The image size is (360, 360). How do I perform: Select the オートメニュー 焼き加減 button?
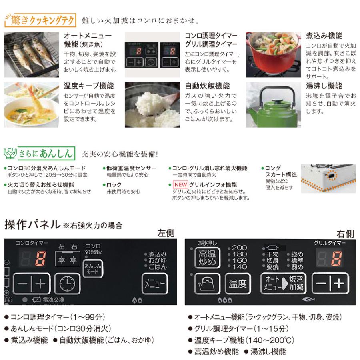283,283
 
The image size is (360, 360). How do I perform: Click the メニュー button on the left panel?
154,284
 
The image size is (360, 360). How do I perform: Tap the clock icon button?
67,284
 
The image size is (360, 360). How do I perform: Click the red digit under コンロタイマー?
41,260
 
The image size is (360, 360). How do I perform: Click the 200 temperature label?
240,248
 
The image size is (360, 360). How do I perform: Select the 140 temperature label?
240,267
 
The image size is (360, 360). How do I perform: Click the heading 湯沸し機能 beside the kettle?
324,86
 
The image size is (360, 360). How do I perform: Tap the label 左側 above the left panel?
166,233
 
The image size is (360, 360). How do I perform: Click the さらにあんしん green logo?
40,153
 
